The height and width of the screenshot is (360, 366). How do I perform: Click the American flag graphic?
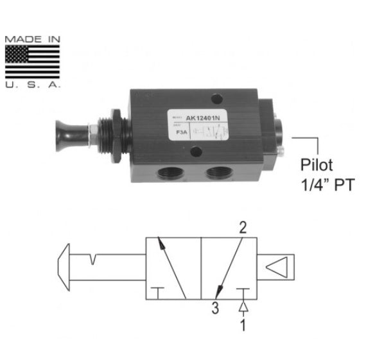(x=33, y=62)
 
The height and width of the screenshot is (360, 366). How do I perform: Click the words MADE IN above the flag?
(x=33, y=39)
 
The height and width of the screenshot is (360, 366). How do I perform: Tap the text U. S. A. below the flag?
(x=33, y=84)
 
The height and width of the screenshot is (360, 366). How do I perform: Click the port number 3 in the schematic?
(x=214, y=308)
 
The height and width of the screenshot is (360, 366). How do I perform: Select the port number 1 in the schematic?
(x=243, y=325)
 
